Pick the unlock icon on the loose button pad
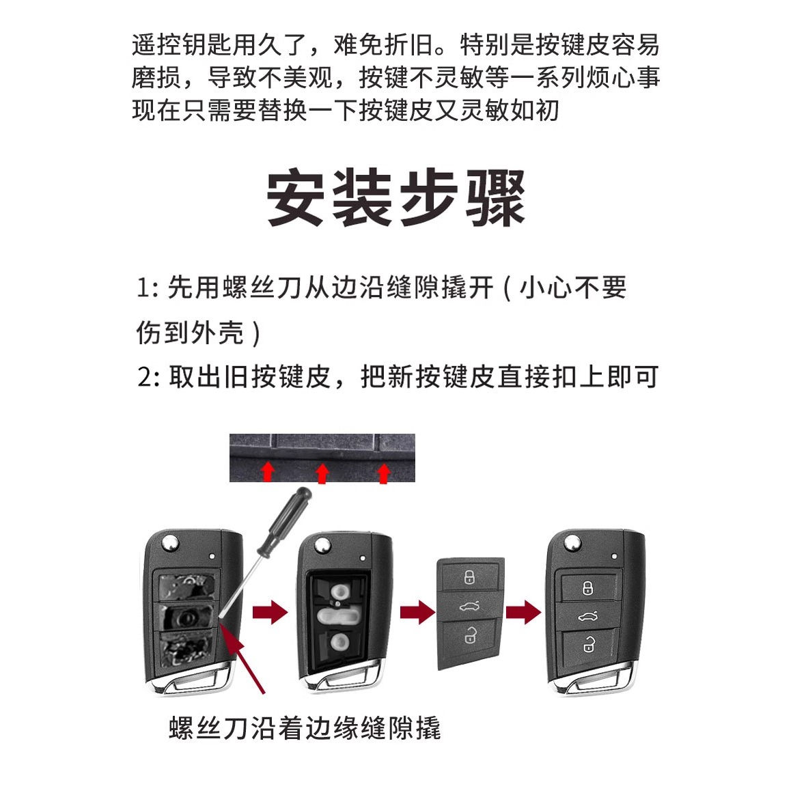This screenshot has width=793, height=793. pos(470,635)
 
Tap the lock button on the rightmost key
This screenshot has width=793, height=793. pos(588,587)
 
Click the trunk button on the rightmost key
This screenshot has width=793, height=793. pos(588,616)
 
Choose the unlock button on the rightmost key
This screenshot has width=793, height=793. pos(588,645)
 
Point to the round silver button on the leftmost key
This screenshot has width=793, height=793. pos(169,544)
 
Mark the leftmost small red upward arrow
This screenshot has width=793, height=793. pos(268,471)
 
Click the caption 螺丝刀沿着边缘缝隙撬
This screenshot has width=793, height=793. pos(305,728)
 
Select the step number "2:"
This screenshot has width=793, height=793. pos(148,377)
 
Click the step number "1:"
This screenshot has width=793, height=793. pos(148,288)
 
